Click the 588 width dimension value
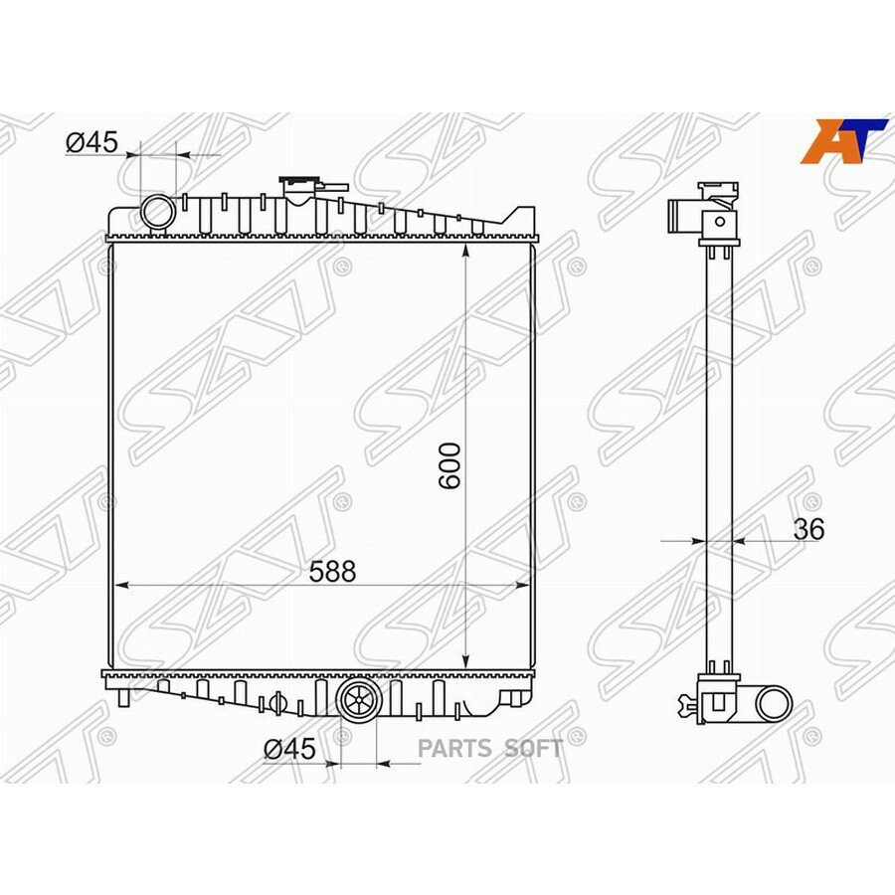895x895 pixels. pos(332,571)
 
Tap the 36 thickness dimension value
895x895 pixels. pos(809,529)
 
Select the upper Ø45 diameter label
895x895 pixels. pos(91,142)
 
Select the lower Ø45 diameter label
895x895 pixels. pos(289,749)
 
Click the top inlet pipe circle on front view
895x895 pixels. pos(158,212)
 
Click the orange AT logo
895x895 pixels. pos(843,139)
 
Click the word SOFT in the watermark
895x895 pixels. pos(533,749)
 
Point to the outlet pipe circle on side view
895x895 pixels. pos(773,703)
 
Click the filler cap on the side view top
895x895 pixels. pos(720,187)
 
